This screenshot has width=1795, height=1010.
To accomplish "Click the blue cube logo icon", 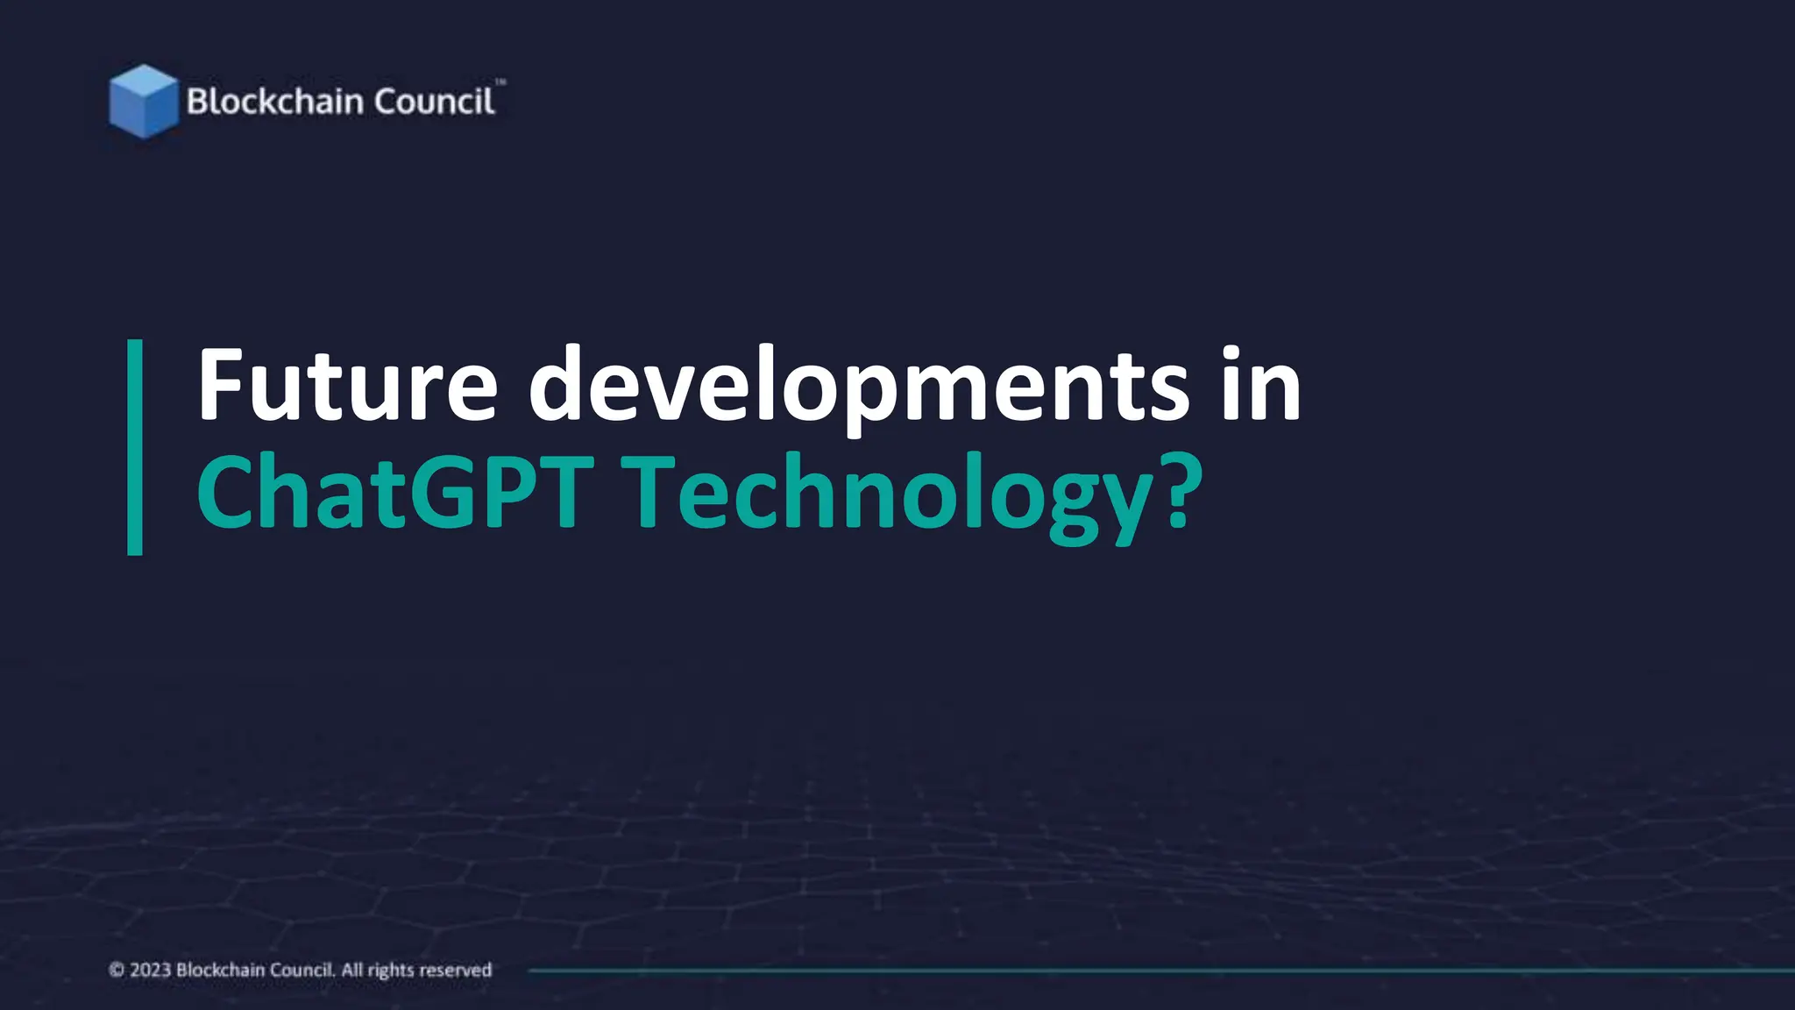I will click(x=143, y=102).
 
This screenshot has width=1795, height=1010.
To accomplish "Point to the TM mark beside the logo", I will click(x=500, y=82).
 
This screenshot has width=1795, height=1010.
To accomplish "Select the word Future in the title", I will click(x=347, y=386).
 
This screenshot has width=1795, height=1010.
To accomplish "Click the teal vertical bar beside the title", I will click(x=135, y=447).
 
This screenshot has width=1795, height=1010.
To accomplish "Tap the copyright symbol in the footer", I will click(x=117, y=970).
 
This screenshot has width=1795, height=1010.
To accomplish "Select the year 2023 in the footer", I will click(x=150, y=970).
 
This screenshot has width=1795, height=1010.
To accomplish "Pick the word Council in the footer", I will click(x=302, y=970).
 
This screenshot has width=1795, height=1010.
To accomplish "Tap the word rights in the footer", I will click(x=390, y=971).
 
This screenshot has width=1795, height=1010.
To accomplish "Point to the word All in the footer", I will click(x=351, y=970).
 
